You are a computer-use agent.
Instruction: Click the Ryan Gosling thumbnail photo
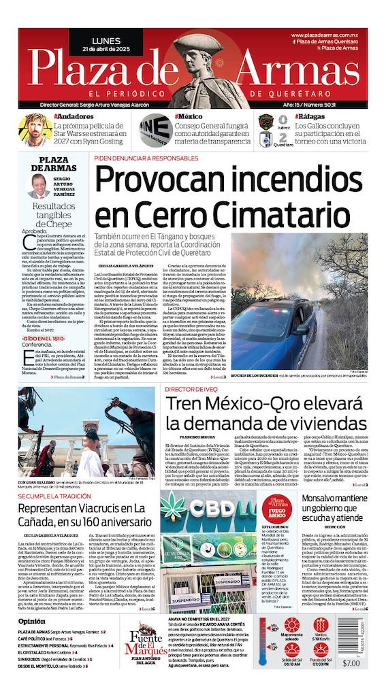tap(33, 131)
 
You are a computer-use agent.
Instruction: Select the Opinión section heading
tap(32, 622)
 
